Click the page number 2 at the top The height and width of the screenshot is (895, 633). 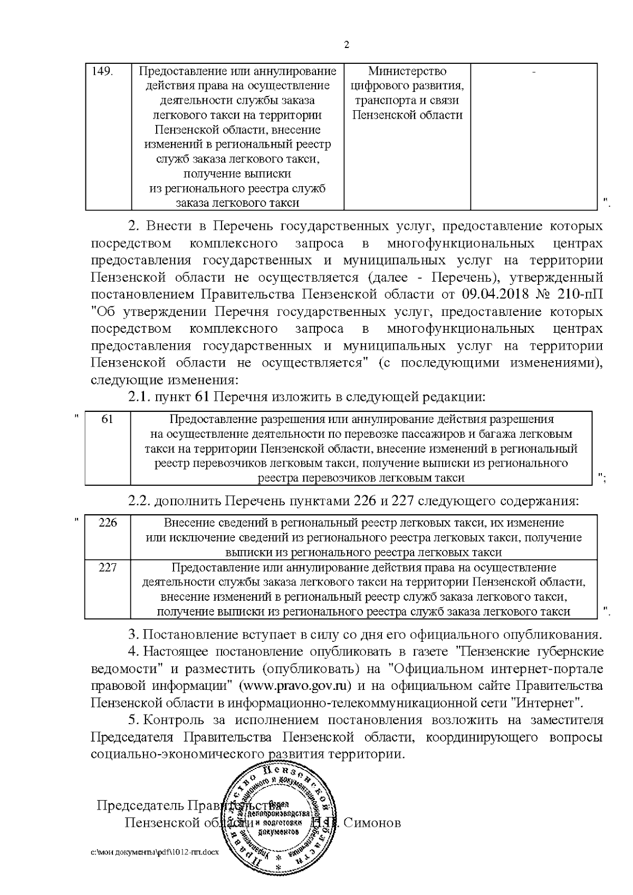347,45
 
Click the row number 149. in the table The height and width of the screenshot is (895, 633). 103,71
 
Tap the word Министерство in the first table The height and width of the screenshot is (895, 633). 407,71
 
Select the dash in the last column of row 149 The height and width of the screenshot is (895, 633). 534,72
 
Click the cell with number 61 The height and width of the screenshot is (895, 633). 108,419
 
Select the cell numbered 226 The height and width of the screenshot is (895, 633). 108,523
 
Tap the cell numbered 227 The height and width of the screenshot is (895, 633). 108,567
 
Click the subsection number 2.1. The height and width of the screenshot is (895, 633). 140,397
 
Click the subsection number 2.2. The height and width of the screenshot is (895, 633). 140,501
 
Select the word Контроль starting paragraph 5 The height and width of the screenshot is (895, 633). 173,720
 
